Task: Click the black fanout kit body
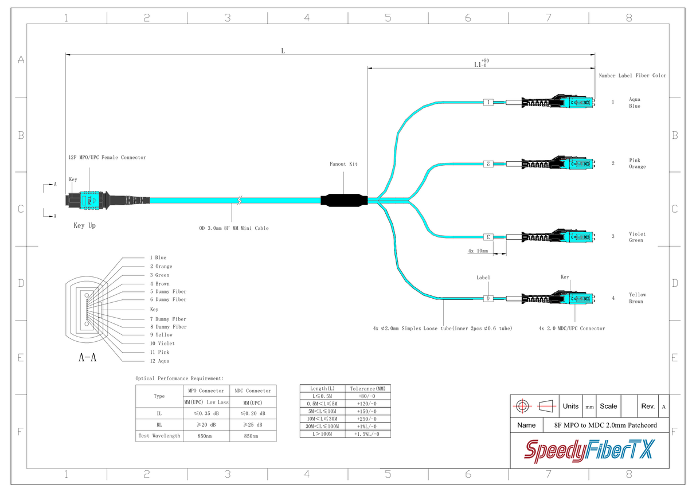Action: (343, 201)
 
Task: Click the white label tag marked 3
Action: (488, 236)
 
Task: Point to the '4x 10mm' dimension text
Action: (478, 251)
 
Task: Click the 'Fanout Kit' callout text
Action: (343, 164)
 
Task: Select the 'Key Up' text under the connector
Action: (84, 225)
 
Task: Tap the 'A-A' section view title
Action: (87, 358)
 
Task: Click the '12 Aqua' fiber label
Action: (159, 361)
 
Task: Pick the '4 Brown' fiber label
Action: (159, 283)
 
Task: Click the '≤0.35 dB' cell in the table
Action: (206, 413)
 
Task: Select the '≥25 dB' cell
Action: (253, 425)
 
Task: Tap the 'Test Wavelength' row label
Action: (159, 436)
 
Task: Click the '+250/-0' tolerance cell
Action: (367, 419)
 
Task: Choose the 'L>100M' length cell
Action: (322, 434)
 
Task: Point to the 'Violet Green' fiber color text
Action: (637, 237)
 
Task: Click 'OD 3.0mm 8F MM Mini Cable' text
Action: (234, 228)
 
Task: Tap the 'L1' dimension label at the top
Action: (480, 65)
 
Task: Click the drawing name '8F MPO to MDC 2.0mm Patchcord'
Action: (605, 425)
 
